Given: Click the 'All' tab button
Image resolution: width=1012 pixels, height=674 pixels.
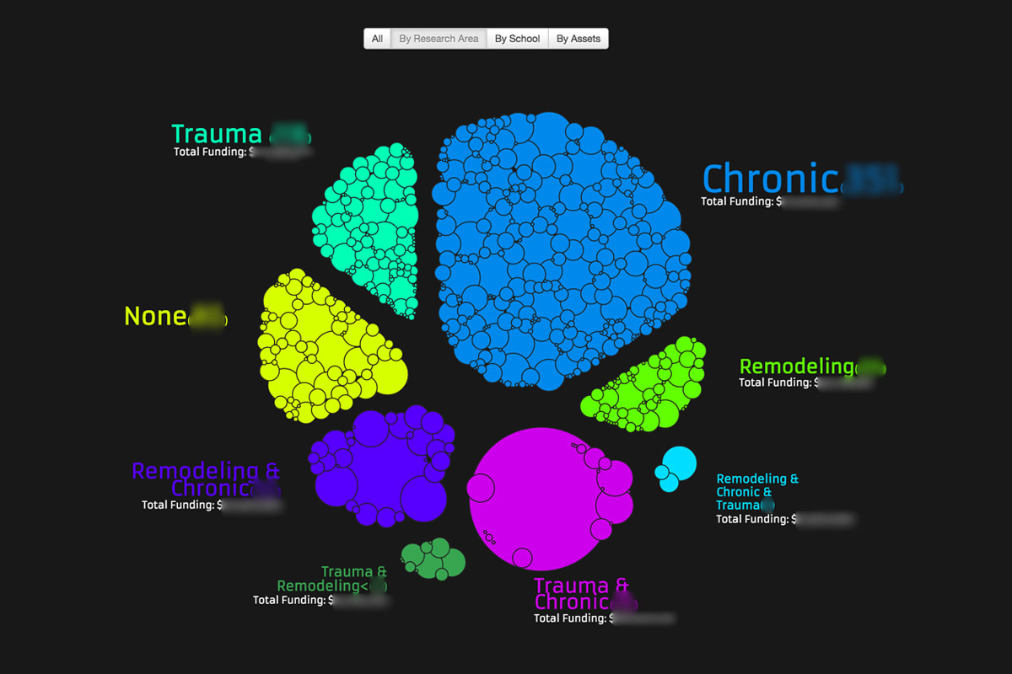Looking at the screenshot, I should pyautogui.click(x=377, y=39).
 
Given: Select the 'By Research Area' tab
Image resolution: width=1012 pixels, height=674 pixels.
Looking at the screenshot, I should pyautogui.click(x=439, y=39).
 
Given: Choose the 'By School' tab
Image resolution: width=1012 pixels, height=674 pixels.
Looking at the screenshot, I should pyautogui.click(x=517, y=39).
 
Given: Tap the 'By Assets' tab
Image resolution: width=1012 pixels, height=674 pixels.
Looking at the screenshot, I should pyautogui.click(x=579, y=39).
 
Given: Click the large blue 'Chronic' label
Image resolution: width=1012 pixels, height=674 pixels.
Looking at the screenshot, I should pyautogui.click(x=770, y=179).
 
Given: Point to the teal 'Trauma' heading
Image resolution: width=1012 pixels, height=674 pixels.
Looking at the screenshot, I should pyautogui.click(x=217, y=134).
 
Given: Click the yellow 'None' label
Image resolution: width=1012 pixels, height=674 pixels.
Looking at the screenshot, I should pyautogui.click(x=156, y=316).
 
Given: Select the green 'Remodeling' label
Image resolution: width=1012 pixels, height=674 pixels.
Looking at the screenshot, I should pyautogui.click(x=796, y=366).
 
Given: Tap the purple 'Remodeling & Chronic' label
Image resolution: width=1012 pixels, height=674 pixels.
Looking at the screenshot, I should pyautogui.click(x=206, y=479).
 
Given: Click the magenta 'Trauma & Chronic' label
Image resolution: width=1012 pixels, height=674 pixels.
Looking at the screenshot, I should pyautogui.click(x=581, y=594).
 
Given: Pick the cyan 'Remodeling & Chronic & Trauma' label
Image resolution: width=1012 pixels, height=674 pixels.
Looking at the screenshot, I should pyautogui.click(x=756, y=492).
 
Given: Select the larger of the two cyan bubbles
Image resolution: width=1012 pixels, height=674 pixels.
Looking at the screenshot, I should pyautogui.click(x=679, y=463).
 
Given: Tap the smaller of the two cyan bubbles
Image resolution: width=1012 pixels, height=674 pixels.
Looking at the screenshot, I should pyautogui.click(x=668, y=483).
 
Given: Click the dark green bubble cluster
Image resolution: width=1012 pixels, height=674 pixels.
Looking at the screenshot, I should pyautogui.click(x=433, y=559).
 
